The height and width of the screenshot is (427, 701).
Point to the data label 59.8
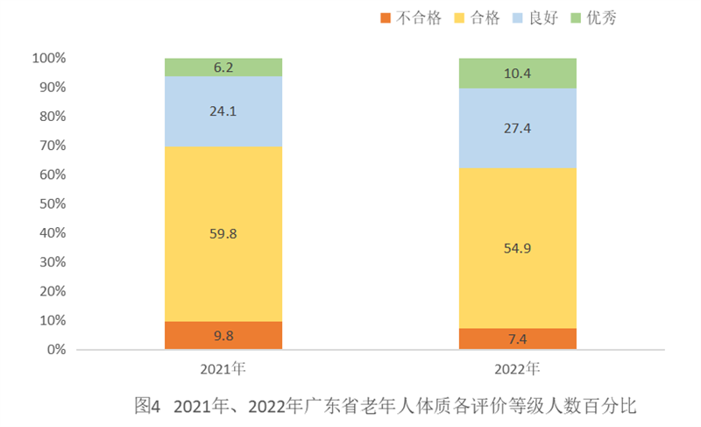click(x=223, y=233)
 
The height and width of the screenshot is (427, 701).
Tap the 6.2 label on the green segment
click(x=223, y=67)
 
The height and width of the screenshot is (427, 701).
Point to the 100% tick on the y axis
click(x=49, y=59)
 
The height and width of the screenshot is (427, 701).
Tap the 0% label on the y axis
click(x=56, y=350)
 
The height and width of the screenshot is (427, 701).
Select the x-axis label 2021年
click(x=223, y=367)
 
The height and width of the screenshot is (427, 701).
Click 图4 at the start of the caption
click(x=148, y=406)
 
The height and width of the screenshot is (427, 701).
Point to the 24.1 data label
click(x=223, y=112)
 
